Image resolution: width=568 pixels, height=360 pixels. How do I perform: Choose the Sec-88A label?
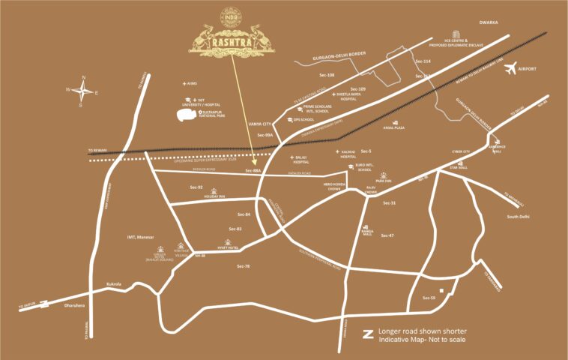(252, 172)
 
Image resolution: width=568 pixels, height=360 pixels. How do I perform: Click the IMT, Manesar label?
(140, 237)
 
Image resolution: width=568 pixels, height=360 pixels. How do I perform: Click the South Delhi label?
(519, 217)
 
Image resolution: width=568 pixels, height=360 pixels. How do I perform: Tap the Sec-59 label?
(429, 298)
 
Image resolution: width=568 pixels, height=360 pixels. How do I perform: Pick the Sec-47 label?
(387, 235)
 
